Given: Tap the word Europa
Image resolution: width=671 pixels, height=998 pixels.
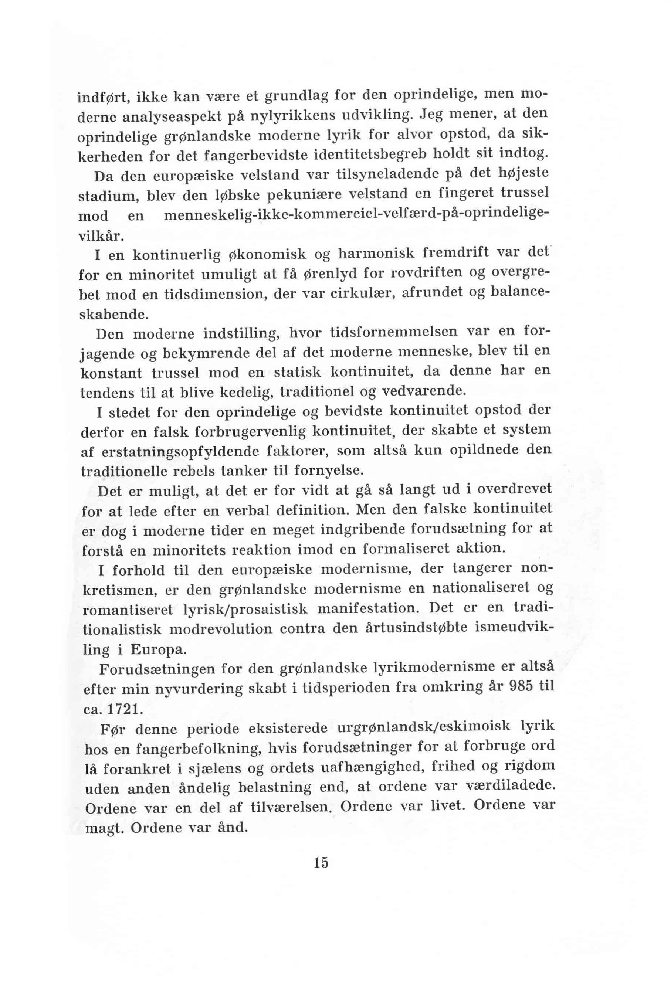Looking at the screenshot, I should pyautogui.click(x=158, y=650).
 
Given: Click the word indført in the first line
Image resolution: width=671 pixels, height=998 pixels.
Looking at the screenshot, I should pyautogui.click(x=104, y=98).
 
